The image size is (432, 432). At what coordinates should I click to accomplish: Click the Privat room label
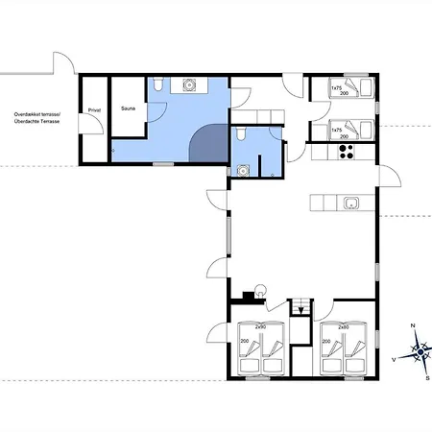point(94,110)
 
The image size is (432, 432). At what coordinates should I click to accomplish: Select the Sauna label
point(128,110)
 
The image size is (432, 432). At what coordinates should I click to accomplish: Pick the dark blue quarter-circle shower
point(211,147)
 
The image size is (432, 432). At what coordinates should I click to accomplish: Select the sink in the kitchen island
point(351,203)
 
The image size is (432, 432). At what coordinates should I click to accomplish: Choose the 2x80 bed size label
point(342,326)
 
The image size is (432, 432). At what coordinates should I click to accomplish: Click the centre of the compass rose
point(420,353)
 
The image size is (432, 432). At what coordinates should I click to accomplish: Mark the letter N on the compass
point(412,326)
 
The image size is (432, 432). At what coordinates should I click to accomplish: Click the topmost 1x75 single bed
point(351,87)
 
